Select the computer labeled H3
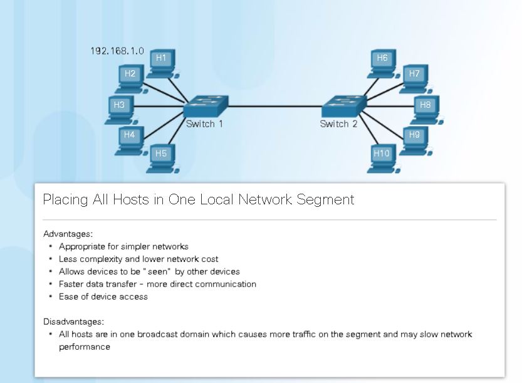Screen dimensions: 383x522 click(x=120, y=107)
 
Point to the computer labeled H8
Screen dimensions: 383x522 click(x=425, y=107)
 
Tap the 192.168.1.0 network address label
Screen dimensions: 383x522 click(x=117, y=50)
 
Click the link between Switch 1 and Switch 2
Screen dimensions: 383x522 click(x=274, y=106)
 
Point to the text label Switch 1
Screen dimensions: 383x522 click(x=204, y=124)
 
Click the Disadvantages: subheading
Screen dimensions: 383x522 click(x=73, y=322)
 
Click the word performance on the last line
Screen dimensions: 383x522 click(x=85, y=347)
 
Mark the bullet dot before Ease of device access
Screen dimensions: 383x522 click(x=50, y=296)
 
